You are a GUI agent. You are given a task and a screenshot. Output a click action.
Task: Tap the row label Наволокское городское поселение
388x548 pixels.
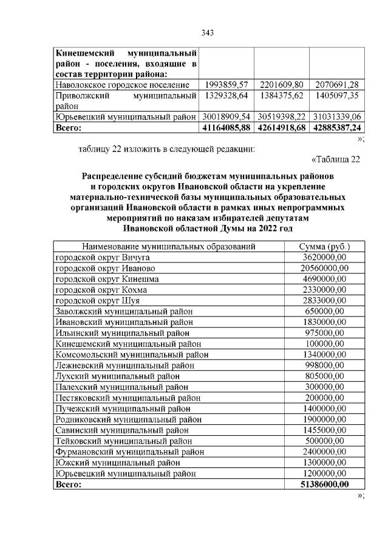pyautogui.click(x=122, y=85)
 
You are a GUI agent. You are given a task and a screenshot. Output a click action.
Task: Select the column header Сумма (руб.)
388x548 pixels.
pyautogui.click(x=324, y=247)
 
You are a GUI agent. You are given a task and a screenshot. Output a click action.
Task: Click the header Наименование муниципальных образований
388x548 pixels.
pyautogui.click(x=169, y=247)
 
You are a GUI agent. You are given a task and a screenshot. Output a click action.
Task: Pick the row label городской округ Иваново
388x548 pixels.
pyautogui.click(x=105, y=268)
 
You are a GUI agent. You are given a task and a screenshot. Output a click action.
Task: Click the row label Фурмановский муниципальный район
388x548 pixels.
pyautogui.click(x=130, y=452)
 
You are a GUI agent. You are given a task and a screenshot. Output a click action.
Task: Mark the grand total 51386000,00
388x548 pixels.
pyautogui.click(x=325, y=484)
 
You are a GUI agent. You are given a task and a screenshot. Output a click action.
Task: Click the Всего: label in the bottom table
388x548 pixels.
pyautogui.click(x=68, y=484)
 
